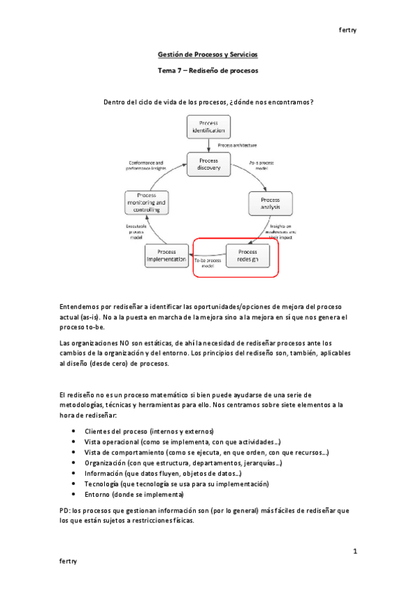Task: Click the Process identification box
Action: [208, 127]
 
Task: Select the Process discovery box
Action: [208, 164]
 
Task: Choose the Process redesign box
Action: [247, 255]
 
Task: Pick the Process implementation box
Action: [167, 255]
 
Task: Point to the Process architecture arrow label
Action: [237, 145]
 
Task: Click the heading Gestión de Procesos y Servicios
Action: [208, 54]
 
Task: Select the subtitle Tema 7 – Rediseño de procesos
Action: [208, 71]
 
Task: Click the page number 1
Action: [354, 551]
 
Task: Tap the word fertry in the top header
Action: [347, 29]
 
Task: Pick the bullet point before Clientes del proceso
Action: [74, 431]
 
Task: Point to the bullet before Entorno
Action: [74, 494]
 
